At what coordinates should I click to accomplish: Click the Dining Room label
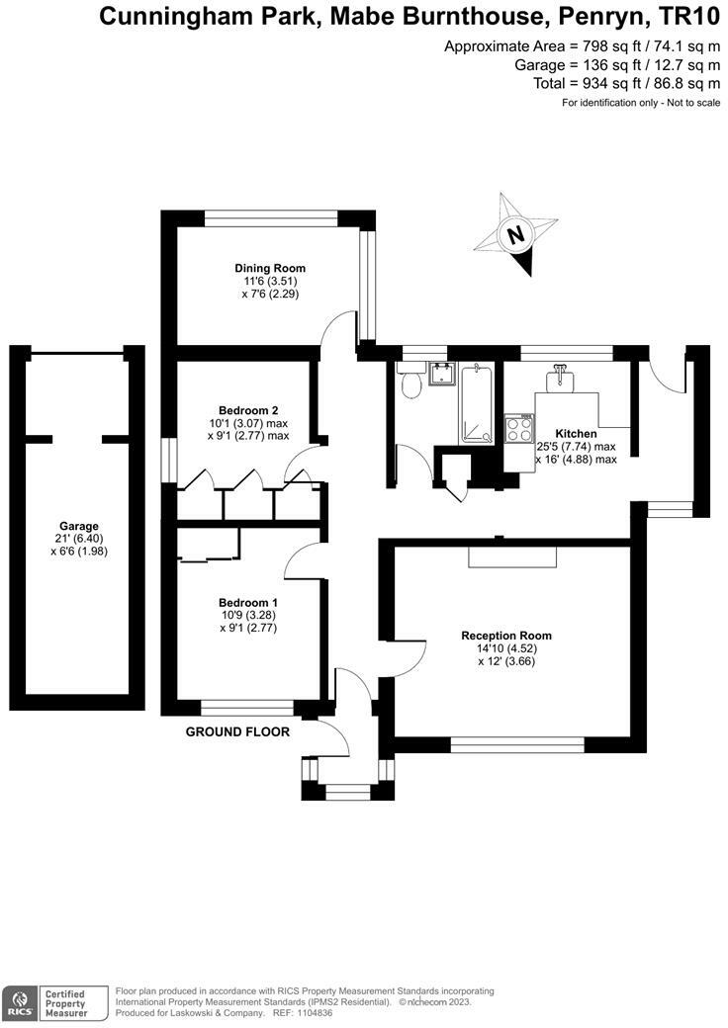[x=270, y=268]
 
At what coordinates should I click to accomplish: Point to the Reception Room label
[x=506, y=636]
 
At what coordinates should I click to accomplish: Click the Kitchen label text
[x=576, y=433]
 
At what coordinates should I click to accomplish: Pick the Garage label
[x=79, y=526]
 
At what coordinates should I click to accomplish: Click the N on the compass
[x=516, y=234]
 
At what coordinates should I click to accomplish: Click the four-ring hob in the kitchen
[x=519, y=430]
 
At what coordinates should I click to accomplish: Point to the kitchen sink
[x=560, y=377]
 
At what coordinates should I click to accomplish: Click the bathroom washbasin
[x=441, y=374]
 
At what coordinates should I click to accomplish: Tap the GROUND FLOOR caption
[x=237, y=731]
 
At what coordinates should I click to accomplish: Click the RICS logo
[x=21, y=1002]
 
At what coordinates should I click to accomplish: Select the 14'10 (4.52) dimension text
[x=506, y=648]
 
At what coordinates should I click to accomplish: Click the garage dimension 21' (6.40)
[x=79, y=539]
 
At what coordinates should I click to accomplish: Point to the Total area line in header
[x=627, y=83]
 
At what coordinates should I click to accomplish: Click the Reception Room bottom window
[x=517, y=744]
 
